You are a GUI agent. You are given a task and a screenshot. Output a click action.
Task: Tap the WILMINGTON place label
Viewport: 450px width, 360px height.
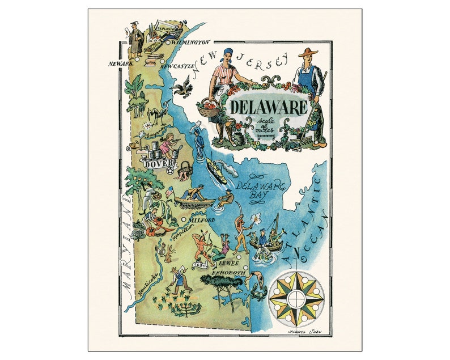pyautogui.click(x=192, y=42)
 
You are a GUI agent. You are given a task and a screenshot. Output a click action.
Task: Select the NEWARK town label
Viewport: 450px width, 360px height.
pyautogui.click(x=120, y=64)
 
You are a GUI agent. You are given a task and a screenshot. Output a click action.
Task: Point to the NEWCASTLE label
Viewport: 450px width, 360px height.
pyautogui.click(x=176, y=66)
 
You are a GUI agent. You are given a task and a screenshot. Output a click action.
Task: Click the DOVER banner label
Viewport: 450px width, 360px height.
pyautogui.click(x=156, y=163)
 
